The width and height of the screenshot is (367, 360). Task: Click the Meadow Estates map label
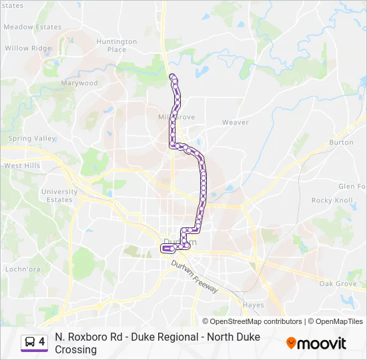[x=32, y=27]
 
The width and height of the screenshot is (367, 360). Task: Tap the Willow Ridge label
[x=27, y=49]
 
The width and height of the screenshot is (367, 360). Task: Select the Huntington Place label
[x=116, y=45]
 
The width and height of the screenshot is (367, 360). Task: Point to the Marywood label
[x=79, y=83]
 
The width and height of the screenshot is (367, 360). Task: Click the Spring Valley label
[x=32, y=139]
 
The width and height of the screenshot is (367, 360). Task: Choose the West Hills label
[x=22, y=165]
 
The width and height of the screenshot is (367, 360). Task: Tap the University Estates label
[x=59, y=196]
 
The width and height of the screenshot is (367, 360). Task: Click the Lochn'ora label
[x=23, y=269]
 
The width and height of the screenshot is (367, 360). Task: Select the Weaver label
[x=235, y=123]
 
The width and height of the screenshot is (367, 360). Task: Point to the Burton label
[x=341, y=143]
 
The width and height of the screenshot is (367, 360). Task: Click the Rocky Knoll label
[x=332, y=201]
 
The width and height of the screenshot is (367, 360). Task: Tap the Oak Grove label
[x=337, y=284]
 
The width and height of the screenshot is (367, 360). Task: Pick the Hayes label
[x=253, y=305]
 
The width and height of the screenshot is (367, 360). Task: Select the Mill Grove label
[x=176, y=117]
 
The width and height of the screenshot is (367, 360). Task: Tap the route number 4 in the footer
[x=42, y=342]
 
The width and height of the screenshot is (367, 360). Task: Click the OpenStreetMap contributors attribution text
[x=252, y=321]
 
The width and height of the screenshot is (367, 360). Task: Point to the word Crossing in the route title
[x=76, y=349]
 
